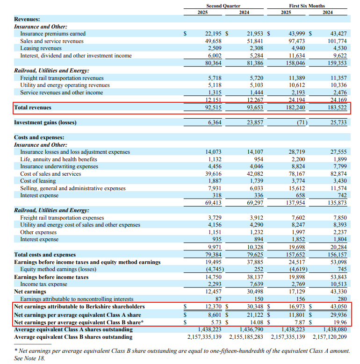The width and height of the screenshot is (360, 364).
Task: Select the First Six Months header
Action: coord(308,6)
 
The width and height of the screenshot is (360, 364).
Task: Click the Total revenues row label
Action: coord(33,107)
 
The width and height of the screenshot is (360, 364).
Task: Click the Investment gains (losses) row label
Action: coord(45,122)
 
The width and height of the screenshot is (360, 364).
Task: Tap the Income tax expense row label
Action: coord(43,284)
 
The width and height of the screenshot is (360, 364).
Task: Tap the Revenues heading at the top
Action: coord(27,19)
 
